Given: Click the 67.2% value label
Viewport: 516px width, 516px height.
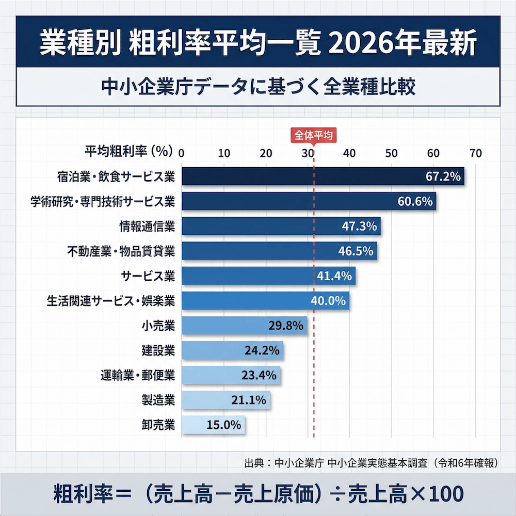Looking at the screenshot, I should [443, 176].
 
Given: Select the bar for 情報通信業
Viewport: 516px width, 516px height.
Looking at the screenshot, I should [281, 226].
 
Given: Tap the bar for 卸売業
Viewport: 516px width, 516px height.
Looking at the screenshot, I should [213, 425].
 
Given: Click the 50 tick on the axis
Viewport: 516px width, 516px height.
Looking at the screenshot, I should [391, 153].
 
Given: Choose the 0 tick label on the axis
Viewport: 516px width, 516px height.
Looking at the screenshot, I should [182, 153].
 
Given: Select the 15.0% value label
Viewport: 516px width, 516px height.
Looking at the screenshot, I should [224, 425].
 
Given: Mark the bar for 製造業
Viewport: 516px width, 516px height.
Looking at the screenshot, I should [225, 400].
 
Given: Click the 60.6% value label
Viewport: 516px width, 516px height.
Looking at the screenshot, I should [415, 201].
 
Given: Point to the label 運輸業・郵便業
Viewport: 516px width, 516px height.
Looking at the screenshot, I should [138, 375].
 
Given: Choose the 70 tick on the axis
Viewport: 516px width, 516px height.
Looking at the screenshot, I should [475, 153].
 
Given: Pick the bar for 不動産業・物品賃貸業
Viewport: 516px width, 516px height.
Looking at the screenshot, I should [279, 251].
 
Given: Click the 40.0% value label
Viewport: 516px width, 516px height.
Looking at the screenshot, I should [328, 301].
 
